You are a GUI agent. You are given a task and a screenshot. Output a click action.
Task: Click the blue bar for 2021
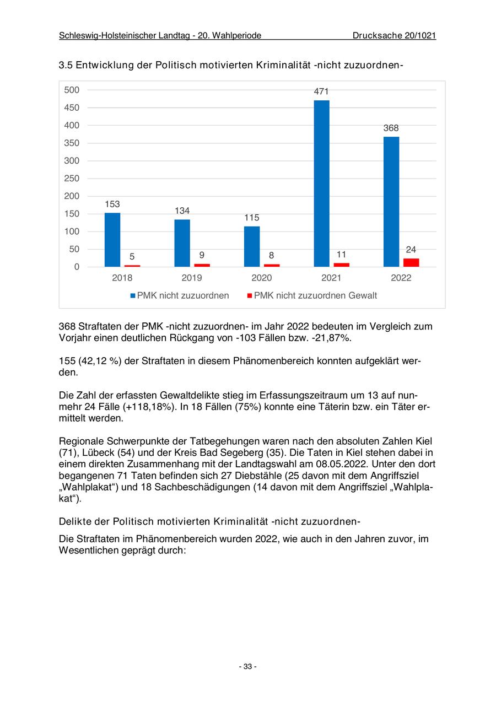(x=321, y=184)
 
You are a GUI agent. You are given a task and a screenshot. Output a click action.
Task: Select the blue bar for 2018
(x=112, y=240)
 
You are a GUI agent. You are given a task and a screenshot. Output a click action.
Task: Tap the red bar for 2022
(x=411, y=262)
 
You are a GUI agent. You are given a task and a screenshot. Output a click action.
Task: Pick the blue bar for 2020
(x=252, y=246)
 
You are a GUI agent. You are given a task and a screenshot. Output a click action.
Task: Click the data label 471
(x=321, y=92)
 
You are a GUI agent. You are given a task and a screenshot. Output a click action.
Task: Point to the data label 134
(x=182, y=211)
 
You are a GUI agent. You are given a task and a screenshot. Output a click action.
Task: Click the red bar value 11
(x=341, y=255)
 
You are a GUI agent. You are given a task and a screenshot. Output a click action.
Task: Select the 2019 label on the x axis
(x=192, y=278)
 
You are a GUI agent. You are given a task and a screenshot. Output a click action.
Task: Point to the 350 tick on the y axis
(x=72, y=143)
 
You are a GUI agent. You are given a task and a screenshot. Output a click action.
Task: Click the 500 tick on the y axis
(x=72, y=90)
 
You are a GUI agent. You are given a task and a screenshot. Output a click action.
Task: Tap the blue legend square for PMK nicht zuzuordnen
(x=133, y=296)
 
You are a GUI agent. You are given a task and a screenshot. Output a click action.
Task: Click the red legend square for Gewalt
(x=249, y=296)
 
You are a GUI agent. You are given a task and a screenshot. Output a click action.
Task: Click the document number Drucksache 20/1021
(x=394, y=36)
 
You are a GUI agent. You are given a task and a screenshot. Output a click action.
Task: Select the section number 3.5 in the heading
(x=66, y=66)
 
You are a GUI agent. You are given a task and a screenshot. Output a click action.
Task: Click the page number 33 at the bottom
(x=247, y=667)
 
